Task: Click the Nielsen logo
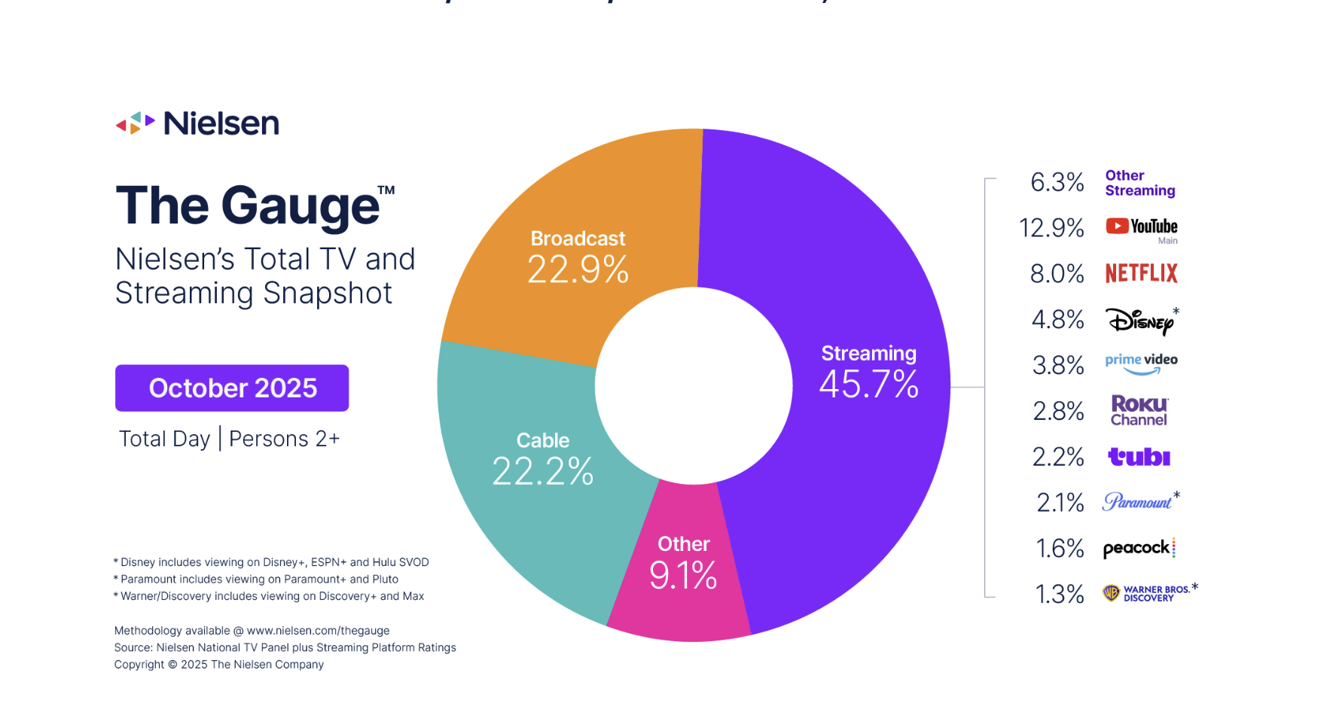(197, 123)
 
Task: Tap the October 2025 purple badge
(232, 388)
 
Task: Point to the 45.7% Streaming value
(868, 385)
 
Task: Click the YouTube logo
(1141, 227)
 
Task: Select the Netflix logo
(1141, 273)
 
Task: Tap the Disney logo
(1140, 321)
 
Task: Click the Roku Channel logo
(1139, 411)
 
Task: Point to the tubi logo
(1139, 457)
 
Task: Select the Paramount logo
(1137, 502)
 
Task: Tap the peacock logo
(1137, 548)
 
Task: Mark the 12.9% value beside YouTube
(1051, 227)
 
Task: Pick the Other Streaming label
(1139, 183)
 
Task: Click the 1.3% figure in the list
(1059, 595)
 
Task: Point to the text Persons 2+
(284, 439)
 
